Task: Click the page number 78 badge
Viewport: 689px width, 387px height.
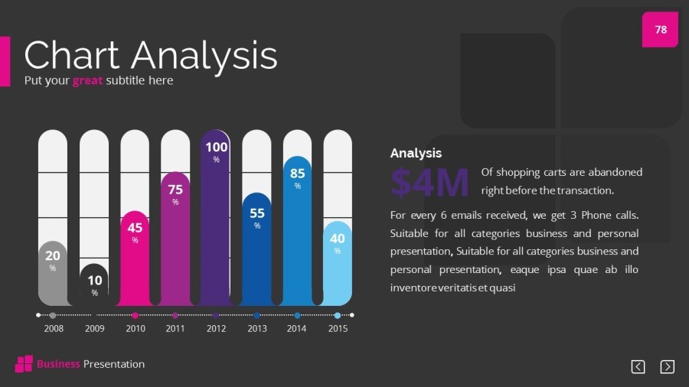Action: click(x=660, y=30)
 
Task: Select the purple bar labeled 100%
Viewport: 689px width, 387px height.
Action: click(x=216, y=222)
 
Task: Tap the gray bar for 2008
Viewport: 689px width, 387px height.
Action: click(x=52, y=275)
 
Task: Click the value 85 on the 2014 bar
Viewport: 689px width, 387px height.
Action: click(x=297, y=174)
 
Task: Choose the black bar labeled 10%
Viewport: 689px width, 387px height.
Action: click(x=94, y=285)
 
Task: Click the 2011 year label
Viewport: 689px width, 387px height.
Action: click(x=175, y=329)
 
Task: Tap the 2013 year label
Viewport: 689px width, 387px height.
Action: click(x=256, y=329)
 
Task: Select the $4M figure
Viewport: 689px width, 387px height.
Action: click(x=429, y=183)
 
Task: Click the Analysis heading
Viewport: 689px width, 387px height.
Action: click(x=416, y=153)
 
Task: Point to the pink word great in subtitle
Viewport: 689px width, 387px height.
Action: click(x=87, y=80)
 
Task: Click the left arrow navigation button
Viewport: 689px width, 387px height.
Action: click(x=638, y=367)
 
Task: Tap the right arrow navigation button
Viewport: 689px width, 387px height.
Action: click(x=667, y=367)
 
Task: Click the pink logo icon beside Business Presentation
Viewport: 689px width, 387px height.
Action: click(x=24, y=364)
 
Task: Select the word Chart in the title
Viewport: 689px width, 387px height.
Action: click(x=72, y=55)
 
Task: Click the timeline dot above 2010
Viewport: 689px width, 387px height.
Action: click(x=135, y=315)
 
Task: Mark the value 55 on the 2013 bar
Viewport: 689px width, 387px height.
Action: click(x=257, y=213)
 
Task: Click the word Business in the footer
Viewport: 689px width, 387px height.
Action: click(x=58, y=364)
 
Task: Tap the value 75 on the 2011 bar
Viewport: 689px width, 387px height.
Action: click(x=175, y=189)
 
